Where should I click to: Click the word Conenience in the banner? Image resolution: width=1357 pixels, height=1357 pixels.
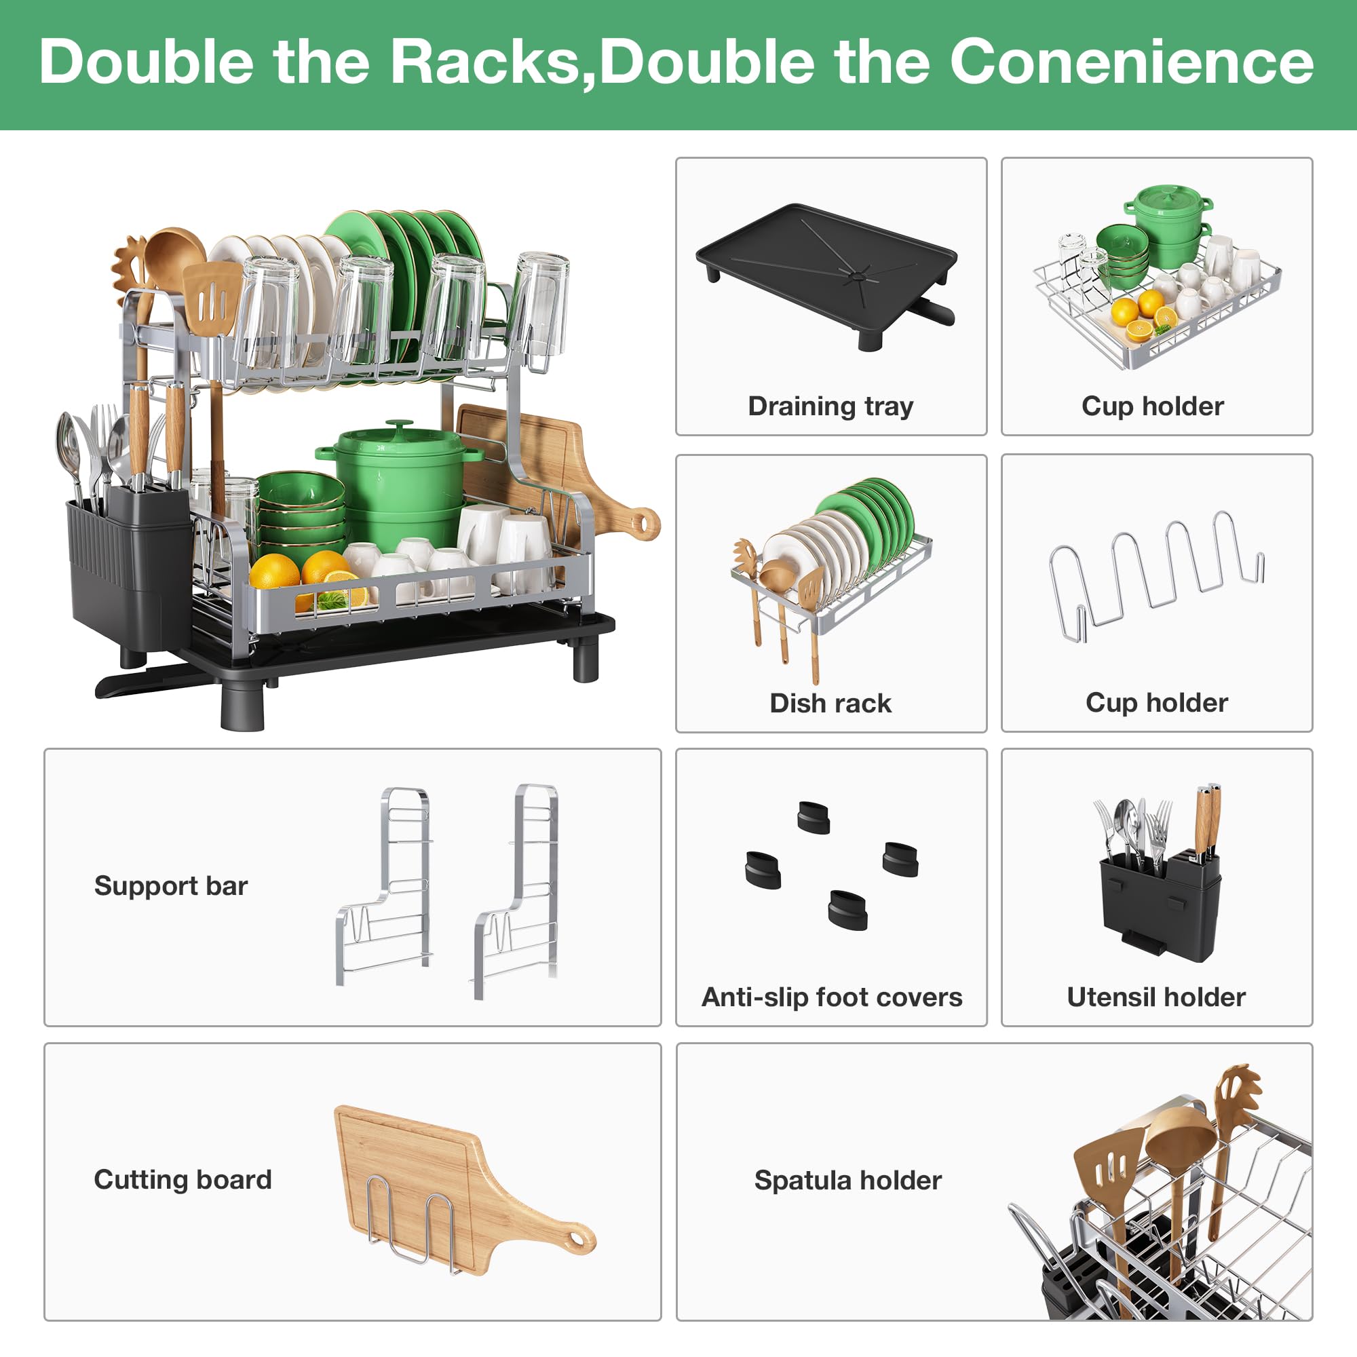click(1132, 62)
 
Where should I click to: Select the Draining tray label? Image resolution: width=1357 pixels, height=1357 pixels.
click(831, 406)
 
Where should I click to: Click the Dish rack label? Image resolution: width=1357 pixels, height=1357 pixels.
click(831, 703)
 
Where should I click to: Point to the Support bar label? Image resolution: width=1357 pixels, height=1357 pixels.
click(172, 885)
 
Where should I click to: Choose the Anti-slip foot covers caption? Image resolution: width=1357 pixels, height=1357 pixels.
click(832, 997)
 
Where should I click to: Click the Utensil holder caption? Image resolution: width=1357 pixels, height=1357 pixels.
click(1156, 997)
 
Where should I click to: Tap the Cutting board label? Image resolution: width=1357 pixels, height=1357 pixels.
click(183, 1179)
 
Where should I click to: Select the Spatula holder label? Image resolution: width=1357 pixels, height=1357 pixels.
click(847, 1180)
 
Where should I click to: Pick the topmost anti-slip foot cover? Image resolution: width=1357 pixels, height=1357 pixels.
click(814, 818)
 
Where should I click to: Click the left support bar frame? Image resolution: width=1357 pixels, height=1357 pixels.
click(384, 885)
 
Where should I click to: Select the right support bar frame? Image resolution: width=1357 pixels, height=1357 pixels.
click(517, 891)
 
